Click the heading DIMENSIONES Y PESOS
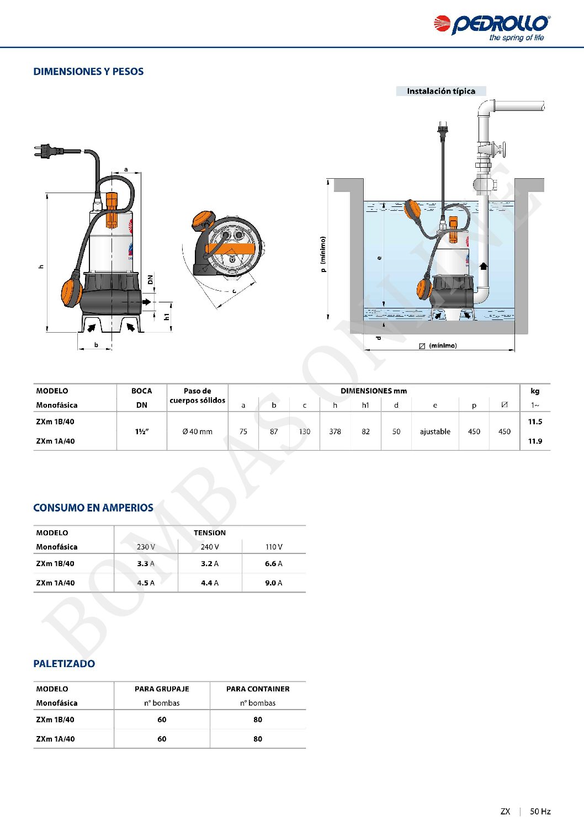point(88,72)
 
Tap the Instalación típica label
point(440,91)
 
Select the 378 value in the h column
point(335,431)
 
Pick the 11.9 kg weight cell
point(535,441)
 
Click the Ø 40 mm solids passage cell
point(198,431)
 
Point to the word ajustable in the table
point(435,431)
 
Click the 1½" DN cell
point(142,431)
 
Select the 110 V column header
point(274,547)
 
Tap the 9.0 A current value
point(274,583)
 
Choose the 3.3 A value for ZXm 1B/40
point(146,563)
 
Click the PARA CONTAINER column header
point(258,689)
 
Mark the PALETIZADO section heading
point(64,664)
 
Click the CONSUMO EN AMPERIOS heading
point(93,508)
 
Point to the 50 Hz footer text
point(540,811)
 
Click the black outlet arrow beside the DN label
point(147,302)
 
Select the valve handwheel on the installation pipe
point(502,150)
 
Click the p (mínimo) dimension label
point(323,254)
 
